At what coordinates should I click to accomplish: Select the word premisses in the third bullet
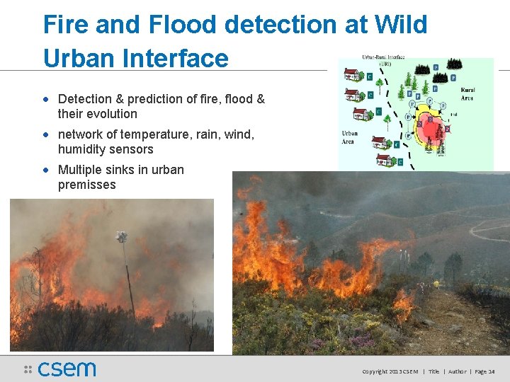(86, 185)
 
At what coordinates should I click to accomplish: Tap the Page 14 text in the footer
(484, 371)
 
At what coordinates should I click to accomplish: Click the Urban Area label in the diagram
(350, 137)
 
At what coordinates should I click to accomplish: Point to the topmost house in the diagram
(352, 75)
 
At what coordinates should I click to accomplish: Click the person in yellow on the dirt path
(436, 284)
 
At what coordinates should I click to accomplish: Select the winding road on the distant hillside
(489, 230)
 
